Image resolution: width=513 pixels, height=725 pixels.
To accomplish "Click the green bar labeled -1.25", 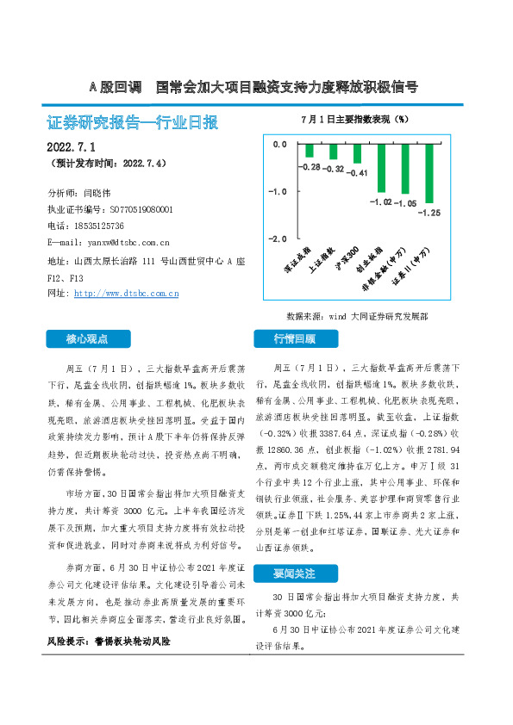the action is click(x=429, y=173).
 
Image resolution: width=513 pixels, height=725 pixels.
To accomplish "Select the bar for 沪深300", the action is click(x=357, y=154).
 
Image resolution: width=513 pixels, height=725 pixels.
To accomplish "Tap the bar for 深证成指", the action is click(x=309, y=151).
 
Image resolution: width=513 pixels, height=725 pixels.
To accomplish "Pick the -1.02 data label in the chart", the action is click(x=380, y=201).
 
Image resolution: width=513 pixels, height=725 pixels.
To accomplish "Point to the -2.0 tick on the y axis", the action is click(x=278, y=238).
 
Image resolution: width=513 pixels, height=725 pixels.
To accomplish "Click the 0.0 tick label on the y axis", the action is click(x=279, y=145).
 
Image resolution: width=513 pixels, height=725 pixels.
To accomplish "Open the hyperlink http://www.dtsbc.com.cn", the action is click(x=127, y=294).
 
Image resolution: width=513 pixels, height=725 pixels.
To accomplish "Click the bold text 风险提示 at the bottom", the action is click(x=67, y=642).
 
